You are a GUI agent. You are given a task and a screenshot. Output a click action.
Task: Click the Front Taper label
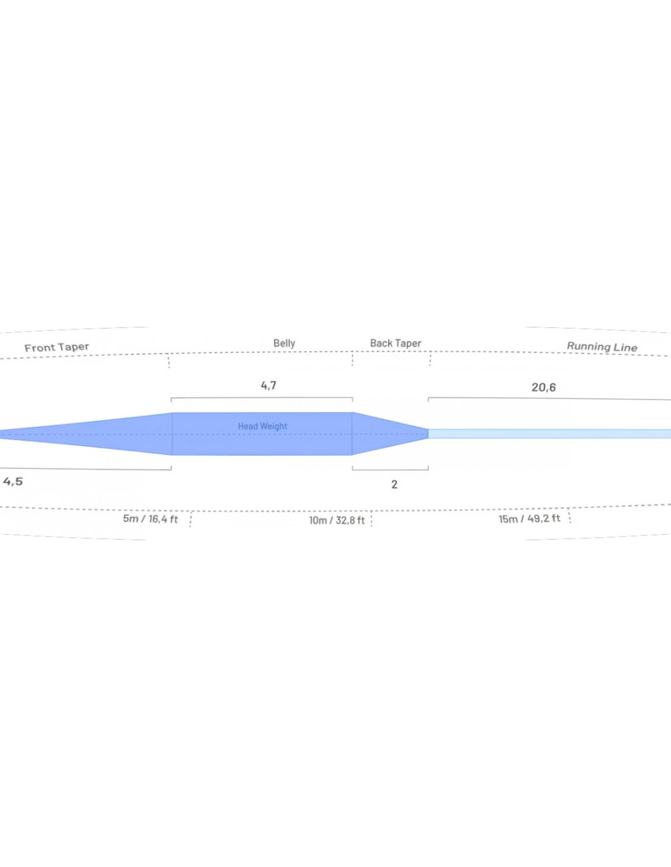click(57, 347)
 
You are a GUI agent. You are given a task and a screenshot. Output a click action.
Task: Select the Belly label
click(284, 343)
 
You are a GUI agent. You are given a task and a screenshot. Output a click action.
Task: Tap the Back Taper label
click(395, 343)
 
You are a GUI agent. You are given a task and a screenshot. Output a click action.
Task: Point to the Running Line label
click(602, 347)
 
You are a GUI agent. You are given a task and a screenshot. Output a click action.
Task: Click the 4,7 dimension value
click(268, 385)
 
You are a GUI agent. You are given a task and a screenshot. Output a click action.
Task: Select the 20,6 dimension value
click(544, 387)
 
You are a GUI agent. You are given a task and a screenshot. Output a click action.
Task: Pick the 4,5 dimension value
click(13, 482)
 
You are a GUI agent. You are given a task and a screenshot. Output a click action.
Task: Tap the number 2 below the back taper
click(395, 484)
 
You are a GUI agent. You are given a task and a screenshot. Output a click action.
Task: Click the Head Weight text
click(262, 426)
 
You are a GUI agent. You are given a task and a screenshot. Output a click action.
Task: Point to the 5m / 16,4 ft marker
click(151, 519)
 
